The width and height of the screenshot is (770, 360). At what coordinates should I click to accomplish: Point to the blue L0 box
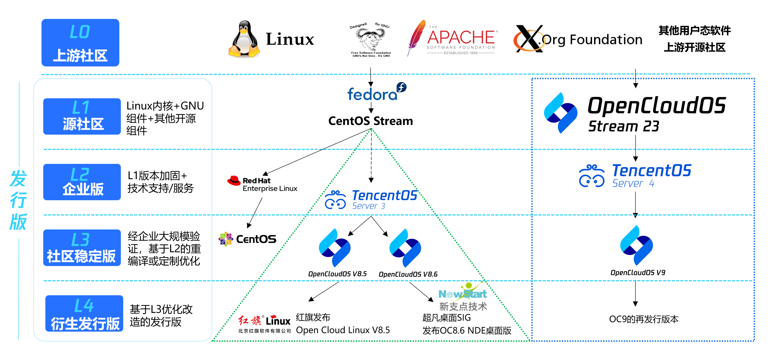(80, 42)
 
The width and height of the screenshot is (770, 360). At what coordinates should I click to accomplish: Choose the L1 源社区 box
(82, 116)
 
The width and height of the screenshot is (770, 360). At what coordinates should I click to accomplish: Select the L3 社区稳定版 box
(82, 248)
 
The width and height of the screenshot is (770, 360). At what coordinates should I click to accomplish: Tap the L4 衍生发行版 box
(84, 313)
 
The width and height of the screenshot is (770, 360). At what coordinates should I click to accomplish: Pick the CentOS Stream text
(371, 121)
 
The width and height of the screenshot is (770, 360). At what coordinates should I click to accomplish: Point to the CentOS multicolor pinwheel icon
(226, 239)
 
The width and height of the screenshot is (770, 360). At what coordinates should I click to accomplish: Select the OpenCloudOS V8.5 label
(337, 274)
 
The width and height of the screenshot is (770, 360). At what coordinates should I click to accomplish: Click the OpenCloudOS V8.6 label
(408, 274)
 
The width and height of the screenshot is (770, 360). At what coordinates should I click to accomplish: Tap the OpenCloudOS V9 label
(638, 272)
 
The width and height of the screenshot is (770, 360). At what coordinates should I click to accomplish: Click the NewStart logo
(463, 293)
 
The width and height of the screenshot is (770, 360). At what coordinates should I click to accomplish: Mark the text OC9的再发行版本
(644, 319)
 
